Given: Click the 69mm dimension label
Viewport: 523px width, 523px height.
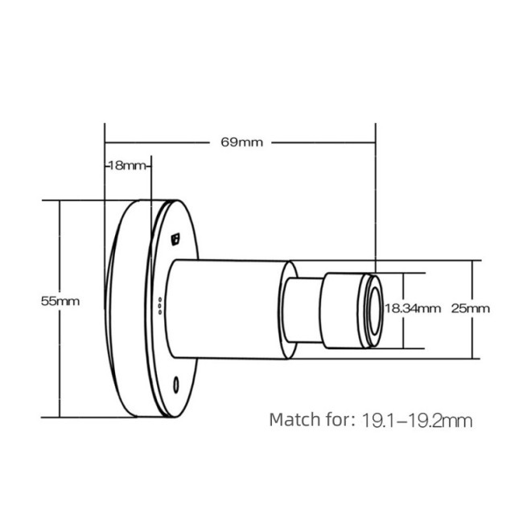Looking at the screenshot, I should pyautogui.click(x=241, y=142).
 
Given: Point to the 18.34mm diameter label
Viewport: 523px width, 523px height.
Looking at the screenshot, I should pyautogui.click(x=413, y=308).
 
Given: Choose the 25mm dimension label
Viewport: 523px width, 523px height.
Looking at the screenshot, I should pyautogui.click(x=470, y=308).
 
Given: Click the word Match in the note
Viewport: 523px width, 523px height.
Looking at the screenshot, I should pyautogui.click(x=295, y=419).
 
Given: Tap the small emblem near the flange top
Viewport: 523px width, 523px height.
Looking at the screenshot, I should pyautogui.click(x=177, y=238).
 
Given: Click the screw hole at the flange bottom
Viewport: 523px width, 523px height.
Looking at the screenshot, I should pyautogui.click(x=176, y=384).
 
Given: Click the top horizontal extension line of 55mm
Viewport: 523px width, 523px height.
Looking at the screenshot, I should pyautogui.click(x=89, y=200).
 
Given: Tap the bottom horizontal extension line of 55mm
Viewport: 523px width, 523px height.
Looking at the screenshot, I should pyautogui.click(x=89, y=417).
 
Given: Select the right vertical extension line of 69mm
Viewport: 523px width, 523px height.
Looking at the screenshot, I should pyautogui.click(x=375, y=201).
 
